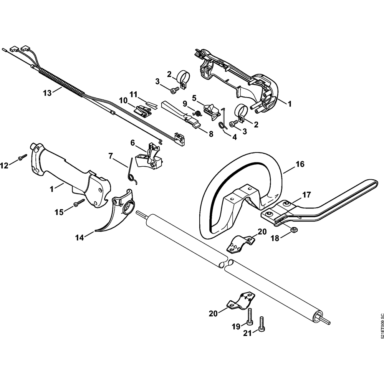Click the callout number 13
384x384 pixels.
(x=48, y=93)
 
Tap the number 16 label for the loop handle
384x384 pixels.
(x=300, y=164)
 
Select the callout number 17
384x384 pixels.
(x=306, y=195)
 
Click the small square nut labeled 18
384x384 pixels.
(x=292, y=230)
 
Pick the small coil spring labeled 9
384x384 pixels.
(x=198, y=113)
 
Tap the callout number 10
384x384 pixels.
(x=123, y=100)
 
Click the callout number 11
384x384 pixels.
(x=134, y=94)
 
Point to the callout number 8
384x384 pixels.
(x=210, y=134)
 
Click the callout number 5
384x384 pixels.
(x=194, y=98)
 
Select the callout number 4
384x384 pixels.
(x=234, y=137)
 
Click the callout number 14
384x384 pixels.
(x=79, y=237)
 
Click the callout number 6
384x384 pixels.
(x=132, y=143)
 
